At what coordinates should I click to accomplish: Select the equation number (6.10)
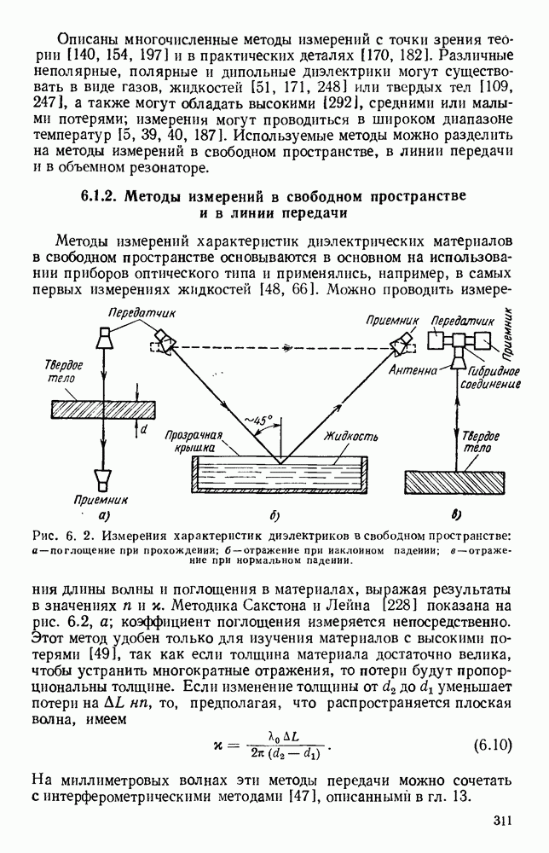(492, 745)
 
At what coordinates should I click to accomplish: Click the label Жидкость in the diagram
(350, 436)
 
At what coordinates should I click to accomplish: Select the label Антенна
(413, 371)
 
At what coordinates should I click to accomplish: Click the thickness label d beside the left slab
(143, 430)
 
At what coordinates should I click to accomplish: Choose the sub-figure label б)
(274, 516)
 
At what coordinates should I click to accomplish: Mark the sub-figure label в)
(456, 514)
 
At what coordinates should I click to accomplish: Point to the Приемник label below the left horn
(104, 500)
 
